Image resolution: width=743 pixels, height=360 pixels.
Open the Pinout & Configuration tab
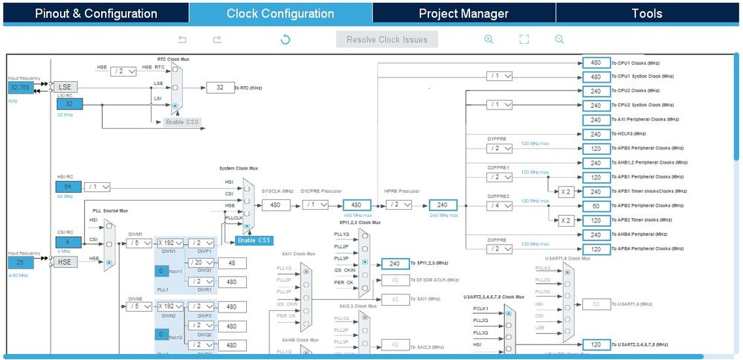click(x=96, y=13)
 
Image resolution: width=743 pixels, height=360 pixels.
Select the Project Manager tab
click(x=463, y=13)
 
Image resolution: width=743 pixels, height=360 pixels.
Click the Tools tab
click(x=646, y=13)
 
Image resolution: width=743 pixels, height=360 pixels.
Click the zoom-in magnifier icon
click(x=489, y=39)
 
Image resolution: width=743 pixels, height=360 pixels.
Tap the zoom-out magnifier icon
click(x=559, y=39)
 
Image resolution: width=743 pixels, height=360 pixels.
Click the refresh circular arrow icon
click(x=285, y=39)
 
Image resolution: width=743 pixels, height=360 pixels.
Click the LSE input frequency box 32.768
click(x=21, y=87)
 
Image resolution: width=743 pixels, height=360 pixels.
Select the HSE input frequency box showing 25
click(x=21, y=263)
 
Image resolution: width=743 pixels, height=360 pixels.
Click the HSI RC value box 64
click(x=67, y=186)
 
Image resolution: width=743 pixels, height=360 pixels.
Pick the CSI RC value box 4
click(x=67, y=242)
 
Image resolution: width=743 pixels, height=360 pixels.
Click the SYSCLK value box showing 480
click(x=275, y=205)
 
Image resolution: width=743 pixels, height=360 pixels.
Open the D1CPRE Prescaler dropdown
click(x=318, y=205)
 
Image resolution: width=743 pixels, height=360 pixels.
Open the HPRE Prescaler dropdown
click(x=401, y=205)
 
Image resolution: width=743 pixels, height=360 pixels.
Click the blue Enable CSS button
click(x=254, y=240)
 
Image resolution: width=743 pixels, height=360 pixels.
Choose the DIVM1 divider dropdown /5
click(x=138, y=242)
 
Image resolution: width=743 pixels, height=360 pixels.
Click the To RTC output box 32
click(x=219, y=88)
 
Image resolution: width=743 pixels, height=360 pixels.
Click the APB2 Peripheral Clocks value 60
click(x=596, y=205)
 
